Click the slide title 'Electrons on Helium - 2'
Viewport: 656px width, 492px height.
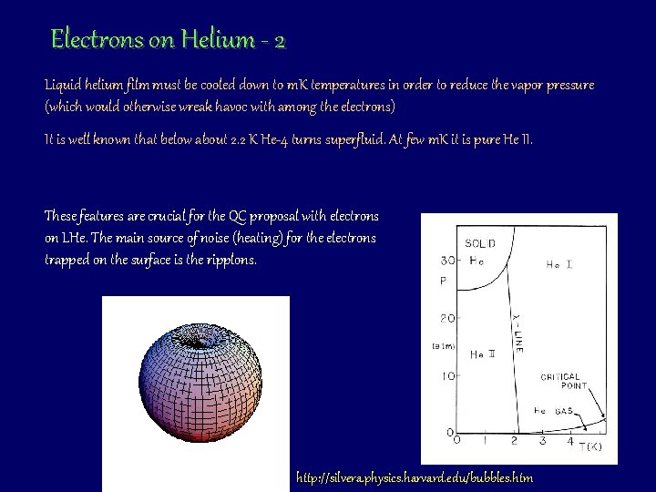coord(169,40)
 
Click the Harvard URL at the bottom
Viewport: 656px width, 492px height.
coord(415,477)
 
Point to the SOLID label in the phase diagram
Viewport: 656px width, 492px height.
coord(480,243)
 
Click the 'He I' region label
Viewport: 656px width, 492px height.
coord(559,265)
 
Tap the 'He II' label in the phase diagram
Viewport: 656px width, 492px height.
coord(483,354)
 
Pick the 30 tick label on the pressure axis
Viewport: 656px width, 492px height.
coord(447,261)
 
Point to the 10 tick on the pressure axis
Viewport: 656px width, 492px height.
coord(447,375)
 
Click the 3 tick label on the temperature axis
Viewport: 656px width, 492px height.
coord(542,442)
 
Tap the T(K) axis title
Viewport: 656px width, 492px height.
coord(592,446)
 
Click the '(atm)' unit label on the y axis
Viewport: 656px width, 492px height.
coord(444,345)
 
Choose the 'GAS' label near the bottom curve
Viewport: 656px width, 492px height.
coord(564,411)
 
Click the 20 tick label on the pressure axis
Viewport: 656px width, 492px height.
coord(447,319)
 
